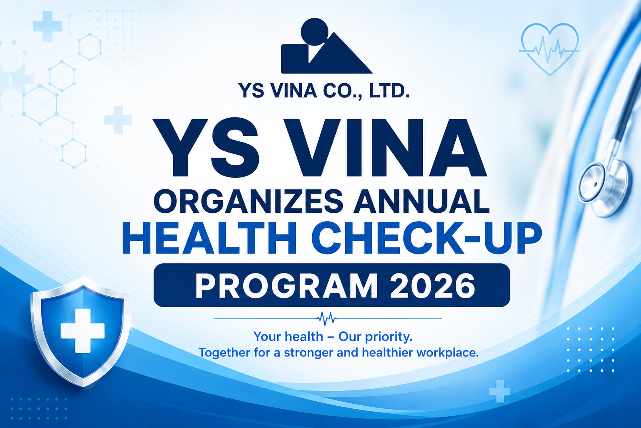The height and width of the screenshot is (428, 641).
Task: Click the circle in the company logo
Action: pos(315,32)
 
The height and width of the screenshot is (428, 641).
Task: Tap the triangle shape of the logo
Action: pos(341,57)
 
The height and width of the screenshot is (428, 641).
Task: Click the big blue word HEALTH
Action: pos(209,239)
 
